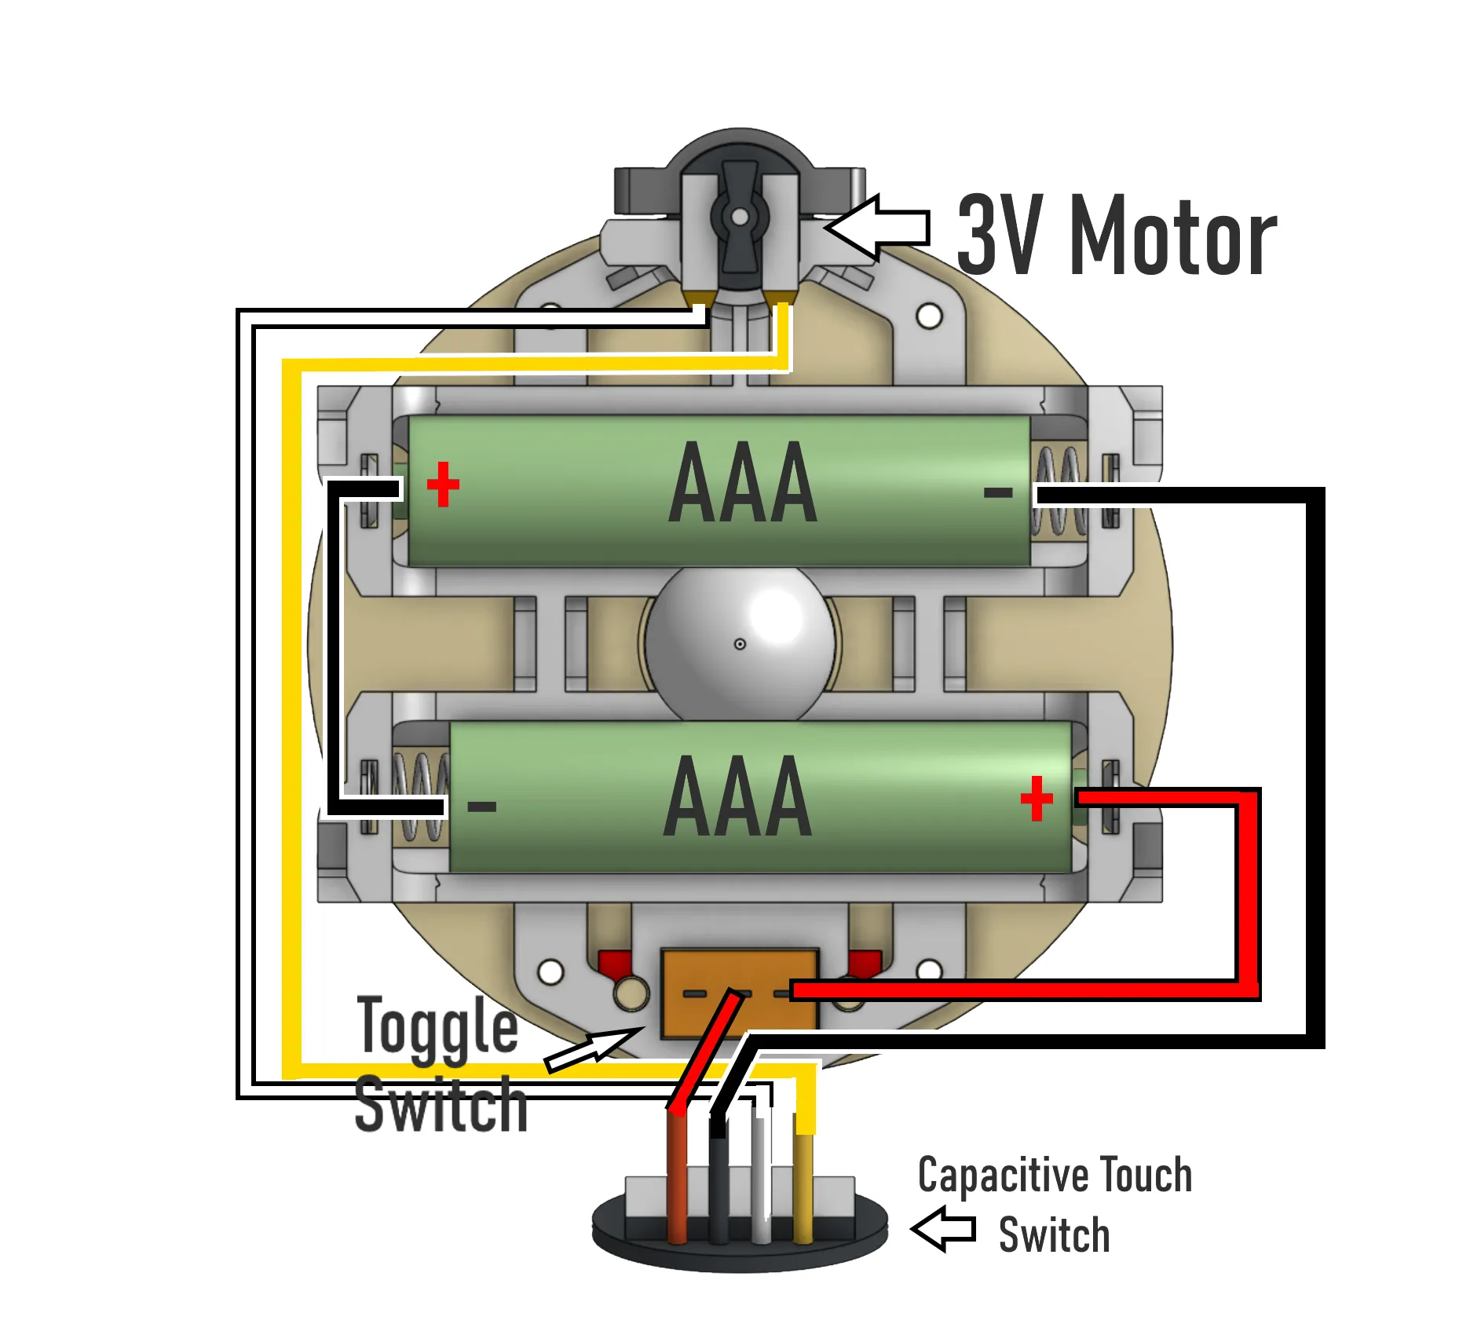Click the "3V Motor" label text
(x=1117, y=235)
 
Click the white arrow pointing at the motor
(x=877, y=228)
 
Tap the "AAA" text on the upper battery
(x=743, y=482)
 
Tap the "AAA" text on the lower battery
(x=738, y=796)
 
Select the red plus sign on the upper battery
(x=443, y=485)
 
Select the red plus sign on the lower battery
(x=1037, y=799)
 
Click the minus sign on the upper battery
(x=998, y=493)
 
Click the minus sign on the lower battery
(x=481, y=806)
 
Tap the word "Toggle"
(x=437, y=1026)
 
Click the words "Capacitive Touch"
(x=1055, y=1175)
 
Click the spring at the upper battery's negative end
(x=1059, y=492)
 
